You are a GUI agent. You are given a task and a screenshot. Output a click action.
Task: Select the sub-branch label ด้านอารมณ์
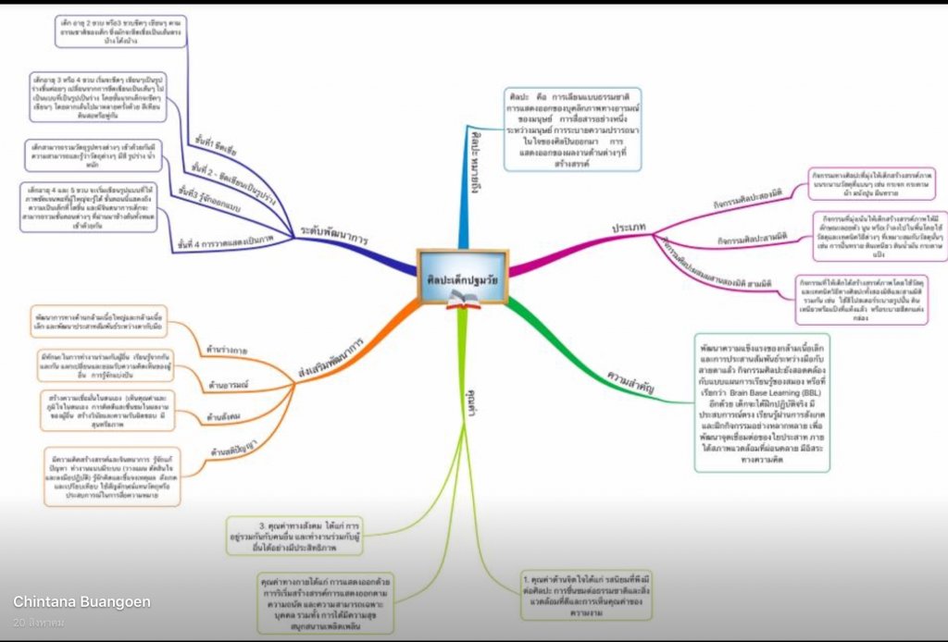click(213, 383)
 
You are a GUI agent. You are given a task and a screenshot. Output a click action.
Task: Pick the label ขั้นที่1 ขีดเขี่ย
click(212, 142)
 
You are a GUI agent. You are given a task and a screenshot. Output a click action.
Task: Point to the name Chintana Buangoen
click(81, 602)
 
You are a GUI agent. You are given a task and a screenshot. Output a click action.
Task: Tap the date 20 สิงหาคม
click(39, 623)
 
